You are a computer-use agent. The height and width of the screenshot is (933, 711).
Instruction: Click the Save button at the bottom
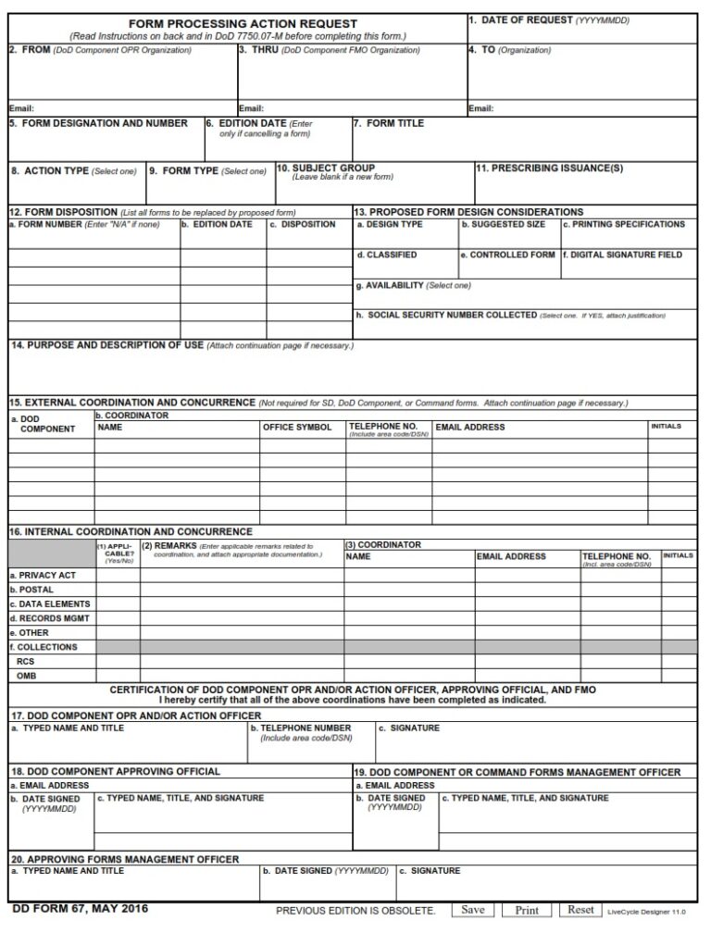tap(472, 910)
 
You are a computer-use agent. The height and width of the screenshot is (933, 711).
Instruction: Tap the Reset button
tap(580, 910)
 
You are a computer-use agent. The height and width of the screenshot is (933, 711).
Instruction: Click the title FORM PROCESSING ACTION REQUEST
tap(243, 23)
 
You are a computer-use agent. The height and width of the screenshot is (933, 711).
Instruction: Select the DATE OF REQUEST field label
tap(520, 19)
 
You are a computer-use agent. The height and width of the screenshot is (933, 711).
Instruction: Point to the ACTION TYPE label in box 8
tap(56, 171)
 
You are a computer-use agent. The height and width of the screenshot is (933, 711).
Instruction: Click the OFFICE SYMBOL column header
tap(297, 428)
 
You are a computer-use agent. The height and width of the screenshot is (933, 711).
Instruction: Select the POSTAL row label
tap(35, 590)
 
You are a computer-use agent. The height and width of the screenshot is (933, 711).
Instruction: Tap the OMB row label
tap(27, 676)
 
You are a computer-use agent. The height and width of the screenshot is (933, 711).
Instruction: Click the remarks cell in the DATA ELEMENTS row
tap(242, 604)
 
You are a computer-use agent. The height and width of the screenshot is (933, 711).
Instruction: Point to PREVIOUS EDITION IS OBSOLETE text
tap(355, 911)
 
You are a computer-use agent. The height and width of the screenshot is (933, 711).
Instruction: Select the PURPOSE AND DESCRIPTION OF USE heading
tap(106, 345)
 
